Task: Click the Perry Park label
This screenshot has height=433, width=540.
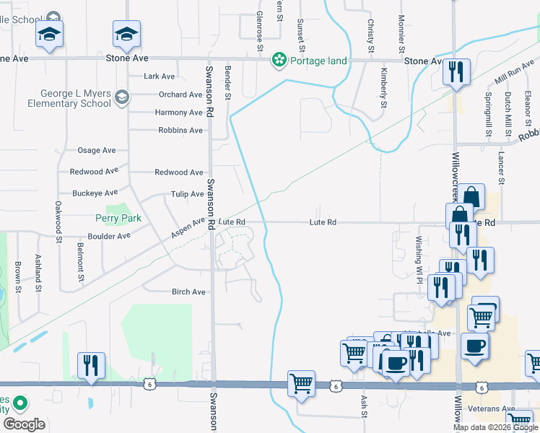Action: [118, 218]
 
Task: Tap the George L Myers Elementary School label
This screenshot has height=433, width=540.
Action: [69, 98]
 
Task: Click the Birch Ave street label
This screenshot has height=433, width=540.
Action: [188, 292]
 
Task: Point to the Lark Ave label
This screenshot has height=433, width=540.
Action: [160, 76]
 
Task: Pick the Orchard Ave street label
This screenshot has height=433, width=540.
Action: [180, 95]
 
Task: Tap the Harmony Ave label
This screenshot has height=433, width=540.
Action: [178, 113]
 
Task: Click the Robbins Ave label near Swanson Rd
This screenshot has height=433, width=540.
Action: [180, 131]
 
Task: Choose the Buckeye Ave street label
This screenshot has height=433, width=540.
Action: [95, 193]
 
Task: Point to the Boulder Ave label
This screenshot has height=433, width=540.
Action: [109, 236]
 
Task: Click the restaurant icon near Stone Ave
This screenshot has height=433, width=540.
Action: [456, 71]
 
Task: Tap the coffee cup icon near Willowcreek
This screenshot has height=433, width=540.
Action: [474, 345]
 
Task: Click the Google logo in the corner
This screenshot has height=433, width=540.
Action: [23, 424]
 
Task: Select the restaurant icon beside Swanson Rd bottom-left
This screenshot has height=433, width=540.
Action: [91, 364]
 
